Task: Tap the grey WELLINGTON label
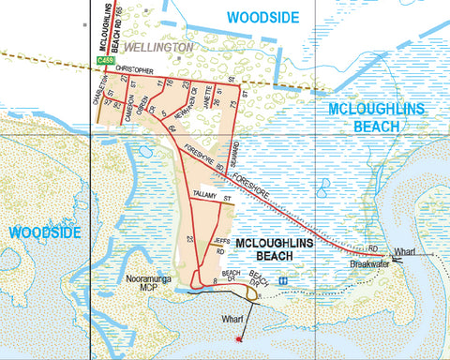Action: point(158,46)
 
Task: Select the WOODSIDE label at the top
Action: point(262,18)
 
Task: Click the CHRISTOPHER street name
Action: point(128,70)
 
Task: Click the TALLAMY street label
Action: point(204,194)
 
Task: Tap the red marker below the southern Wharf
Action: point(240,337)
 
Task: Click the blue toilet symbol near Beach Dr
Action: point(282,279)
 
